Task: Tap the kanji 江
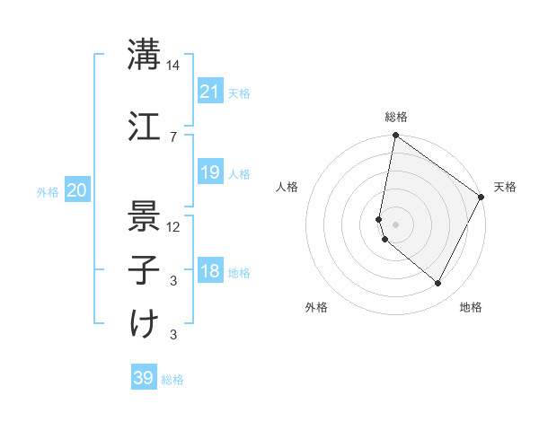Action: pyautogui.click(x=144, y=125)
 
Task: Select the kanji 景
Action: pyautogui.click(x=144, y=215)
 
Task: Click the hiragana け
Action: pyautogui.click(x=144, y=323)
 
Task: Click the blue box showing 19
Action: pyautogui.click(x=209, y=172)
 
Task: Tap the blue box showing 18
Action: pyautogui.click(x=209, y=271)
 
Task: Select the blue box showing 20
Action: pyautogui.click(x=77, y=190)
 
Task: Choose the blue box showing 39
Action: pyautogui.click(x=144, y=378)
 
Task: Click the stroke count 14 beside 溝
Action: pyautogui.click(x=173, y=66)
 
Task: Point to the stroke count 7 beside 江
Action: pyautogui.click(x=173, y=136)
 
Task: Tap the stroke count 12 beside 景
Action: pyautogui.click(x=173, y=226)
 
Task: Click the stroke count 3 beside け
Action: pyautogui.click(x=173, y=335)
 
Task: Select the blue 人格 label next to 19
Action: pyautogui.click(x=239, y=173)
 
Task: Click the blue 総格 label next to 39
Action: pyautogui.click(x=172, y=380)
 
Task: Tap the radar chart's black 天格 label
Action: pyautogui.click(x=505, y=187)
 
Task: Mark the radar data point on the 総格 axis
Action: pyautogui.click(x=395, y=136)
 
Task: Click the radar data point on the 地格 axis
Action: pyautogui.click(x=438, y=284)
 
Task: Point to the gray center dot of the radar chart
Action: pyautogui.click(x=395, y=224)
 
